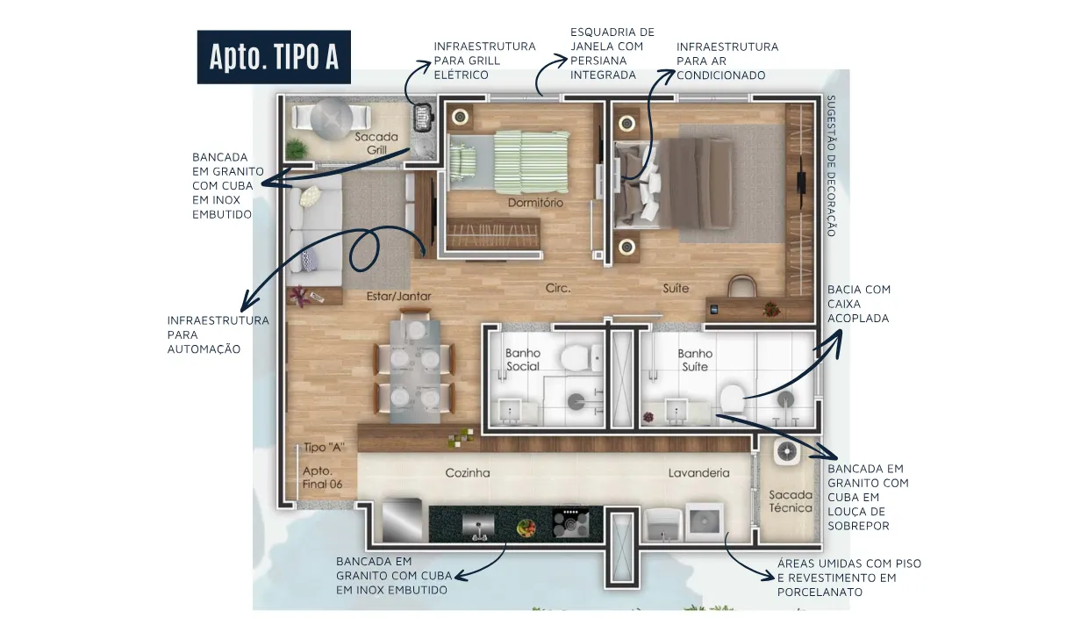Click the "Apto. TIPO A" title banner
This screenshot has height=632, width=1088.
pos(274,57)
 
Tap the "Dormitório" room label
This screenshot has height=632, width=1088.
pos(535,203)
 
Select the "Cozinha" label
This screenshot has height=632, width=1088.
pos(468,472)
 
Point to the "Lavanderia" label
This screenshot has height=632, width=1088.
pos(698,472)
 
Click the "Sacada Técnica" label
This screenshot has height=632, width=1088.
pos(791,501)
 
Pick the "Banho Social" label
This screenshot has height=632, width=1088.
pos(523,360)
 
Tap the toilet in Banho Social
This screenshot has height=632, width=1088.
pos(581,358)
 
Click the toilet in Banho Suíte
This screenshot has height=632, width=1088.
pos(733,399)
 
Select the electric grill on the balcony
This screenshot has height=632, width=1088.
pos(424,118)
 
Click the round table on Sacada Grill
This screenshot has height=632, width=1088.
pos(332,117)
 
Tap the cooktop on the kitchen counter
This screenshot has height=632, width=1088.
pos(570,522)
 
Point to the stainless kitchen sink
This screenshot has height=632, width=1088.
pos(478,526)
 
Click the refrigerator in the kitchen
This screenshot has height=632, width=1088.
pos(402,521)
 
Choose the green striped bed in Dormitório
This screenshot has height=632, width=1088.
pos(509,162)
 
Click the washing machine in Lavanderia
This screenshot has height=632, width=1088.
pos(705,522)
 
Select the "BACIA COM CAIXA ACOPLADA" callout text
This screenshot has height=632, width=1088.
pos(859,304)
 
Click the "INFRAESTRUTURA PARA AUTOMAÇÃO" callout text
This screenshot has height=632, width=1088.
pos(218,334)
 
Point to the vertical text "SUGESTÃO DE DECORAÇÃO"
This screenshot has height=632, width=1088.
pos(831,166)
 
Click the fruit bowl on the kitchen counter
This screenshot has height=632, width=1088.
pos(526,528)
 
